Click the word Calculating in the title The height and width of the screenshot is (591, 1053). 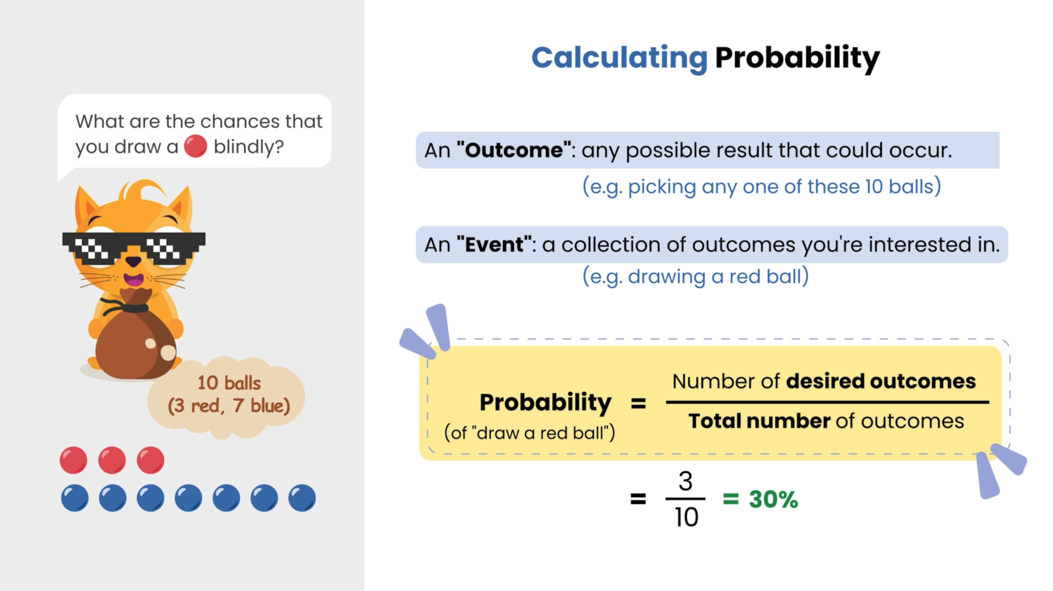coord(619,58)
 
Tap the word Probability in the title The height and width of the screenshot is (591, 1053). coord(797,58)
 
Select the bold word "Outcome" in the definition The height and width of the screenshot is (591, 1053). coord(514,150)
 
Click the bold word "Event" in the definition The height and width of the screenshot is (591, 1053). coord(494,244)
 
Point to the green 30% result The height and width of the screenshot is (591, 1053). coord(773,499)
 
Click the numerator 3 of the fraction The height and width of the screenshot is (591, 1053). coord(686,481)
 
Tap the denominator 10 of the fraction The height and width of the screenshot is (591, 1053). coord(686,517)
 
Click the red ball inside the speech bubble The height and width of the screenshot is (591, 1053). coord(195,147)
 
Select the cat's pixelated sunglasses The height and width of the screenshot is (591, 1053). coord(134,248)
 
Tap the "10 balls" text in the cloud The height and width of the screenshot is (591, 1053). coord(229,382)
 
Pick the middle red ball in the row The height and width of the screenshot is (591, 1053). coord(112,460)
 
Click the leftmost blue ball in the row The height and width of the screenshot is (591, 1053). coord(75,498)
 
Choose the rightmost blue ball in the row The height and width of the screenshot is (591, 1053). coord(302,498)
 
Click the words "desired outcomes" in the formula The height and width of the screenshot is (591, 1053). coord(880,381)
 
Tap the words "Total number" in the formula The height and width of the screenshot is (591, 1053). coord(759,421)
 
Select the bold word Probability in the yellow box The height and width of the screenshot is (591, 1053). coord(545,402)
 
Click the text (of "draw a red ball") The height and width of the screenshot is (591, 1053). coord(529,432)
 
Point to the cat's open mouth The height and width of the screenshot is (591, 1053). coord(133,279)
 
